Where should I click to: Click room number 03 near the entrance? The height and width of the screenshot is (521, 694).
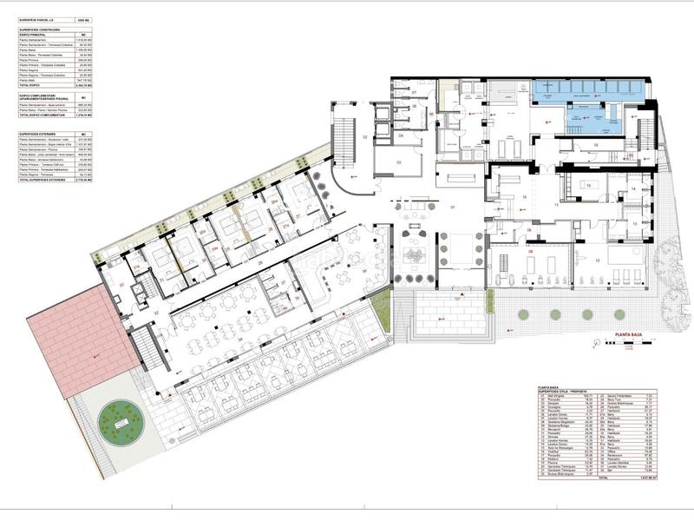tap(399, 162)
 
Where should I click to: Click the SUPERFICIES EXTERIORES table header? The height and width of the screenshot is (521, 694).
tap(43, 135)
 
